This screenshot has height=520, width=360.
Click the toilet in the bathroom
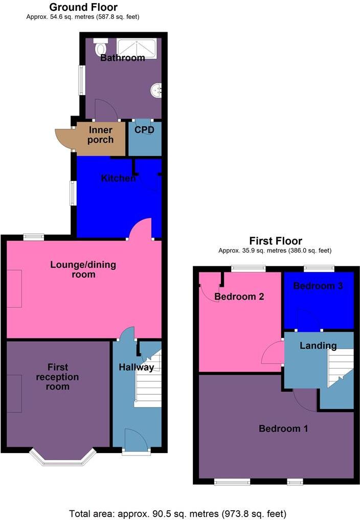[100, 47]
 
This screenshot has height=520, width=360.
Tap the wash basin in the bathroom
[156, 91]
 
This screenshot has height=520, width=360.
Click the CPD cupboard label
[144, 130]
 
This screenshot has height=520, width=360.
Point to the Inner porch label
[101, 135]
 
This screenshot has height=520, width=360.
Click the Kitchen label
[118, 178]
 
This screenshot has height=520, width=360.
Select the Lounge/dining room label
[83, 269]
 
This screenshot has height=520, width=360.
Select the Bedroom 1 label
[283, 428]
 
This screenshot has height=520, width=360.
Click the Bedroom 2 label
[239, 296]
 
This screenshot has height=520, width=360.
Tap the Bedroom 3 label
[318, 286]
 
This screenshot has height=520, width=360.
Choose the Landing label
[318, 346]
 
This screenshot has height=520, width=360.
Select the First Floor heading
[275, 241]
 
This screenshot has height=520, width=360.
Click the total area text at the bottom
[177, 513]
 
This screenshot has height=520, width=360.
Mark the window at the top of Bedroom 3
[319, 267]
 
